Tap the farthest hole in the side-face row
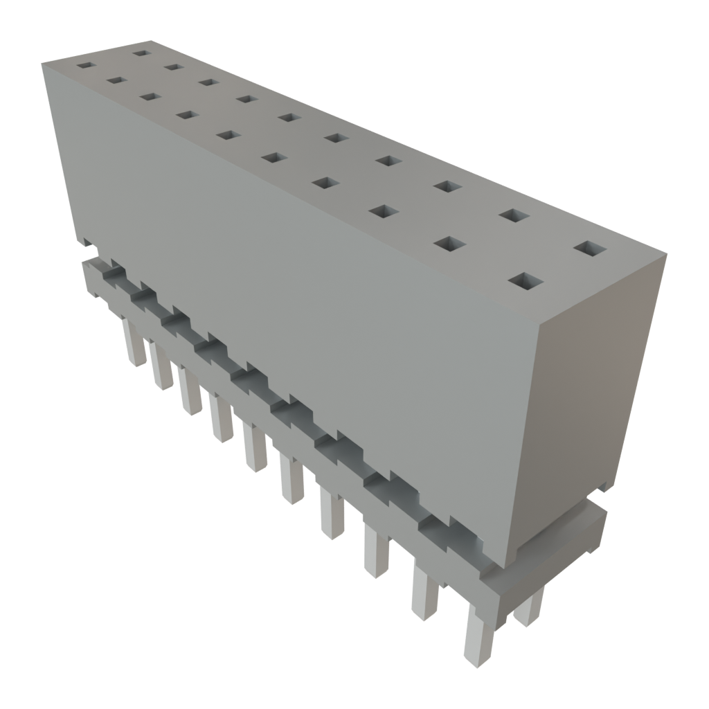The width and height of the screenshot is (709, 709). [84, 66]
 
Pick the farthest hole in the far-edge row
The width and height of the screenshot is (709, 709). [141, 53]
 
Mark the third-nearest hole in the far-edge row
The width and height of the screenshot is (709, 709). [448, 186]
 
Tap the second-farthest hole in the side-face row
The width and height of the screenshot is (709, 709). [115, 81]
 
